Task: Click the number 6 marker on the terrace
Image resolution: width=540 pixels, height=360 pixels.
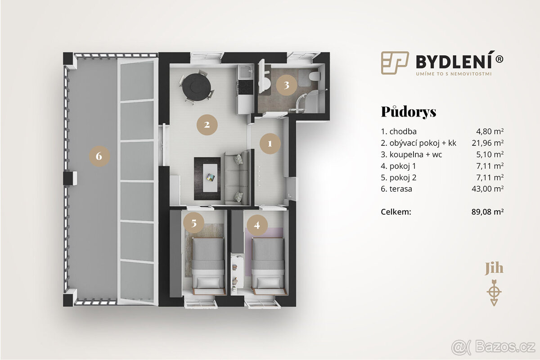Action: pyautogui.click(x=99, y=156)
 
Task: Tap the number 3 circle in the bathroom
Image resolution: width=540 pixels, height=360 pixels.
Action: pyautogui.click(x=286, y=85)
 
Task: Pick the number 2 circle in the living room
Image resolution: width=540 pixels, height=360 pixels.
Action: pyautogui.click(x=207, y=125)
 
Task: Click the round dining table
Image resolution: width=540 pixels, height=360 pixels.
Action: pyautogui.click(x=196, y=86)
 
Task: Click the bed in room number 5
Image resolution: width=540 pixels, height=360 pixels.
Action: pyautogui.click(x=207, y=263)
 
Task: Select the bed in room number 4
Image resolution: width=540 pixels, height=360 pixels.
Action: pyautogui.click(x=267, y=263)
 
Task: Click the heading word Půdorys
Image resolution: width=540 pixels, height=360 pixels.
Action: pyautogui.click(x=408, y=112)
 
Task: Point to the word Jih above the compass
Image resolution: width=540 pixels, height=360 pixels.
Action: pyautogui.click(x=494, y=269)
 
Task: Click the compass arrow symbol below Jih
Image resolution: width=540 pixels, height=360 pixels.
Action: pyautogui.click(x=494, y=292)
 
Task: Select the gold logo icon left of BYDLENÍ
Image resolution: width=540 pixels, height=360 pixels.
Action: pyautogui.click(x=395, y=62)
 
